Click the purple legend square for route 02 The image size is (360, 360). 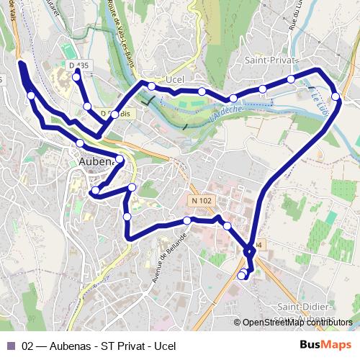coord(10,346)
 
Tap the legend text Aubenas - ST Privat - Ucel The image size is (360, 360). coord(99,346)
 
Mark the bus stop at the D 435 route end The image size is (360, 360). coord(76,78)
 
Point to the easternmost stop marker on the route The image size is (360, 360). coord(336,96)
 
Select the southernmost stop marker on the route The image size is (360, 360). coord(241,276)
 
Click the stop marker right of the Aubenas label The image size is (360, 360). coord(120,159)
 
